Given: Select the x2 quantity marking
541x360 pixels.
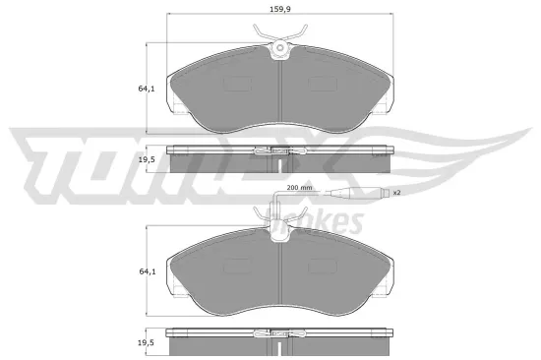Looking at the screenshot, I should point(396,193).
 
